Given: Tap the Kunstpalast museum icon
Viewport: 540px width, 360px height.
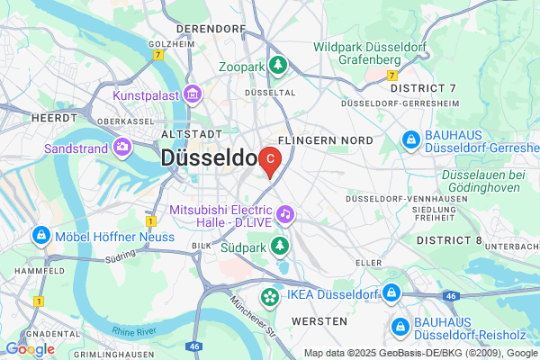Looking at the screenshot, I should [x=191, y=94].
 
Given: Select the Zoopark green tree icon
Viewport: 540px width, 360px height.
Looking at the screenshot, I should [x=279, y=66].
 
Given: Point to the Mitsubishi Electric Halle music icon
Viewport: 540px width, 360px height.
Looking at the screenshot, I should [x=284, y=213].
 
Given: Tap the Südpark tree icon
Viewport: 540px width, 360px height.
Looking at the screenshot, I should [x=280, y=245].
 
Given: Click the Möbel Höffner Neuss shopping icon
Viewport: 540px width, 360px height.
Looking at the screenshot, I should [x=40, y=235].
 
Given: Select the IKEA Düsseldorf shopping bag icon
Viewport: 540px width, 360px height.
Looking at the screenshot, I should [x=268, y=296].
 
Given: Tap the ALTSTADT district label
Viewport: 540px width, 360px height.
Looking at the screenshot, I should [x=184, y=133].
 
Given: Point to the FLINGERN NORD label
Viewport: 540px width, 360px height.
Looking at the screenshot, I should [x=325, y=141].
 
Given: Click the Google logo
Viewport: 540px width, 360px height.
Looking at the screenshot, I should [x=30, y=348].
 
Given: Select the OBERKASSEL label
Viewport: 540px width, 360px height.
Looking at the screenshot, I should [x=103, y=121].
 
